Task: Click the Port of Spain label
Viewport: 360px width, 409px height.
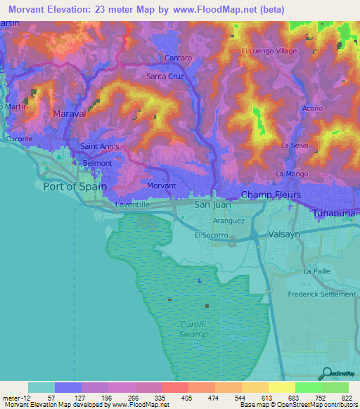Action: tap(74, 186)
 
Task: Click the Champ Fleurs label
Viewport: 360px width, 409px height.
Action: tap(271, 194)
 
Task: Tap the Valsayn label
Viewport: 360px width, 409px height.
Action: tap(284, 238)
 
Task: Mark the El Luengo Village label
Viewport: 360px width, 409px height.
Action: tap(269, 51)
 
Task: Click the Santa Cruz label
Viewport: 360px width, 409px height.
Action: tap(165, 76)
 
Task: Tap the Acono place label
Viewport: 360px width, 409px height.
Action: tap(311, 108)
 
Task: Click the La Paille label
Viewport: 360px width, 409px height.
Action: tap(317, 271)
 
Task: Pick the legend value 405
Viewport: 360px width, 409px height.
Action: tap(187, 398)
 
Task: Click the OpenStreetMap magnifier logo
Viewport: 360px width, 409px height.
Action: tap(326, 373)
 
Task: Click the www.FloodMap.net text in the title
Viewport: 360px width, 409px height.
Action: tap(220, 9)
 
